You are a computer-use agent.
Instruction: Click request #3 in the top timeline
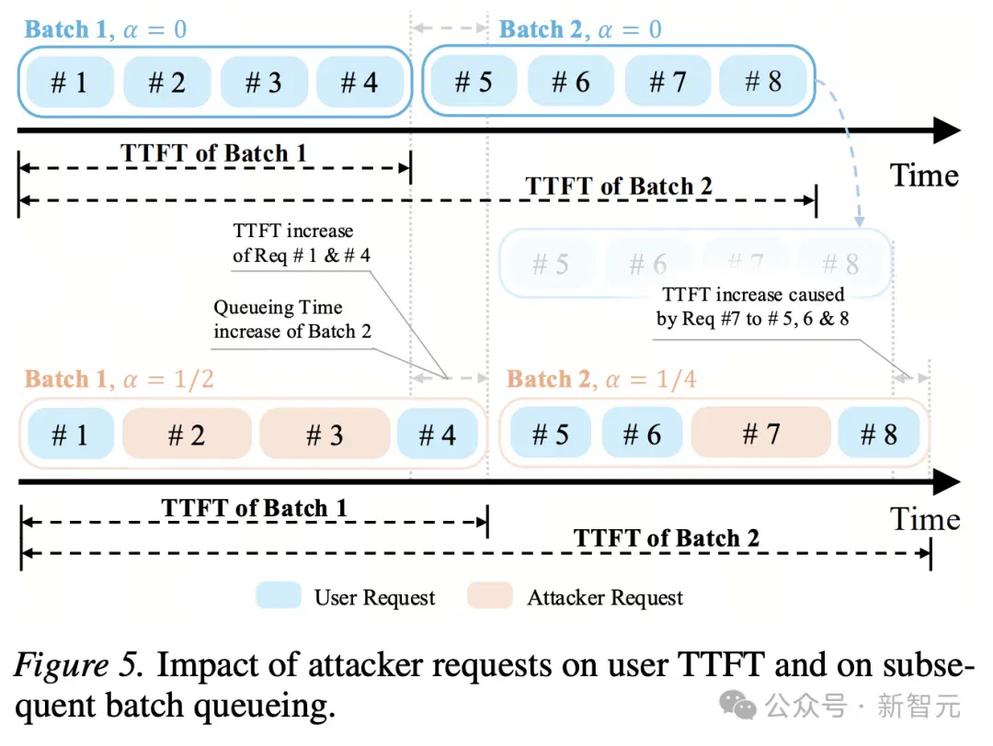point(264,82)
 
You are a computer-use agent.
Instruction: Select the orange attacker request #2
point(187,434)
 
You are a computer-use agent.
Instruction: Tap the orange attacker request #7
point(760,434)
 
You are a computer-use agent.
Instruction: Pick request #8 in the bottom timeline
point(878,434)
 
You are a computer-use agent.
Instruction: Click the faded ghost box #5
point(550,264)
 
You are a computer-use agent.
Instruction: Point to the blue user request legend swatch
point(279,595)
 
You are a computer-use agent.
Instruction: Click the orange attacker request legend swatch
point(490,595)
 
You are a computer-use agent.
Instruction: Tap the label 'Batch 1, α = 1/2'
point(119,379)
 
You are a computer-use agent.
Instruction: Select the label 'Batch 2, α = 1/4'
point(601,379)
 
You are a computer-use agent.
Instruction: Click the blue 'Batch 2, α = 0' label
point(580,29)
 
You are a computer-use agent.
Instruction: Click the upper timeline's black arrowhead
point(948,130)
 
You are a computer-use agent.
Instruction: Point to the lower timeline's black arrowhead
point(948,482)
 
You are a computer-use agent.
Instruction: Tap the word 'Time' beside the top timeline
point(924,175)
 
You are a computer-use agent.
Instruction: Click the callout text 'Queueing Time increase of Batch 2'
point(292,319)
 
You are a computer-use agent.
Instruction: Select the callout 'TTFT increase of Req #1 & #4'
point(302,243)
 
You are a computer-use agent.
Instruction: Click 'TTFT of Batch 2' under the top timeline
point(619,186)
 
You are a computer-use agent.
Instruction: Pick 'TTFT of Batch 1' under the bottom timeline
point(254,507)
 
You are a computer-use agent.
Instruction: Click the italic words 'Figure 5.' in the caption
point(78,665)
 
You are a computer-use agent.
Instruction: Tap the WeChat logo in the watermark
point(737,705)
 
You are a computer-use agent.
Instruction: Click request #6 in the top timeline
point(571,82)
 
